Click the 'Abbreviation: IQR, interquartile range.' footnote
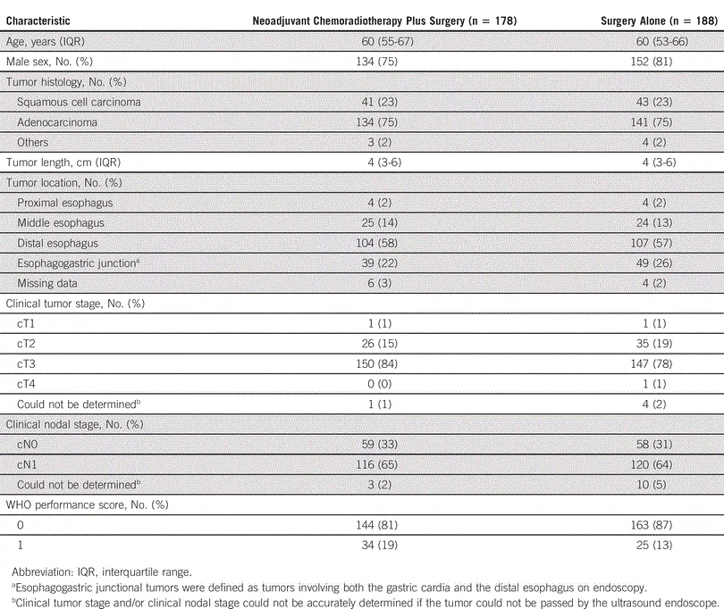pos(115,570)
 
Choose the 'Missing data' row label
pos(50,283)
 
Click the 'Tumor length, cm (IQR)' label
pos(67,163)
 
